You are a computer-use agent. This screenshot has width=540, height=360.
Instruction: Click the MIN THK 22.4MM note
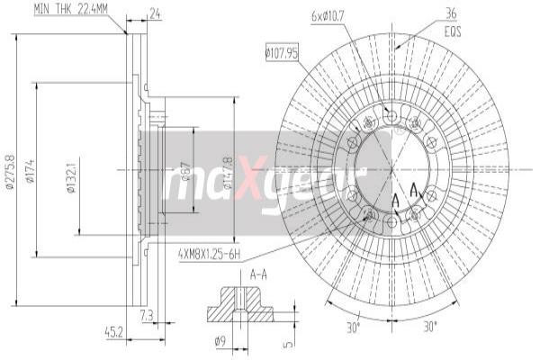(71, 9)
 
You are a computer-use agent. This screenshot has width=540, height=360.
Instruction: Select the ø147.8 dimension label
(227, 173)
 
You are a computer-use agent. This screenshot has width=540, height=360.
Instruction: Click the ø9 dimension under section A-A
(220, 340)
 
